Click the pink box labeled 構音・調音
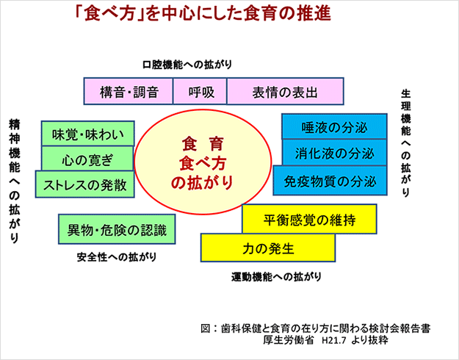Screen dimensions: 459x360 129,91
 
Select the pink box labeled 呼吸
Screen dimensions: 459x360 200,91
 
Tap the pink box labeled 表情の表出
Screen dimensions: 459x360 285,91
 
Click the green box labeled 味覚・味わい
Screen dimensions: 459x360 88,134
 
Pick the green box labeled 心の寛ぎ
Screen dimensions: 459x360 87,159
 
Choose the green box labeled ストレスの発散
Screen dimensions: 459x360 85,184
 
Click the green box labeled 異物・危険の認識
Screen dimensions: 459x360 117,229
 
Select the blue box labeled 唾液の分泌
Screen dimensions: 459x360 334,126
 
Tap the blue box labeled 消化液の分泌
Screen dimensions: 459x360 334,152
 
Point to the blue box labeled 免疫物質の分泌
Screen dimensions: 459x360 330,181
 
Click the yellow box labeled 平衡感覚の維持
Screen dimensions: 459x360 309,219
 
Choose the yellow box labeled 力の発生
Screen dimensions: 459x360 268,248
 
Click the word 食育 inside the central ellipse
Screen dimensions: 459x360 203,144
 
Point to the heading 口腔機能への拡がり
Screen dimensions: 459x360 187,65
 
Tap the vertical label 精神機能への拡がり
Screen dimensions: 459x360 14,181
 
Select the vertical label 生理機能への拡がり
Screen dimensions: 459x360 405,143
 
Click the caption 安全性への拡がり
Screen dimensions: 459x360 117,257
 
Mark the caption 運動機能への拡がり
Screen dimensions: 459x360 276,276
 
